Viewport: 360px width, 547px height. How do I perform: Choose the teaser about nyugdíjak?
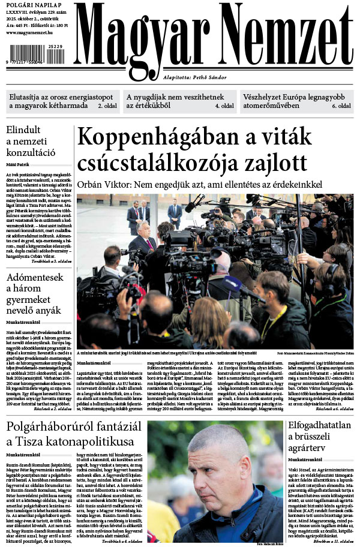tap(179, 101)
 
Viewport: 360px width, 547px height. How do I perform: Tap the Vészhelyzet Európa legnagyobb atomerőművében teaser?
tap(296, 101)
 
